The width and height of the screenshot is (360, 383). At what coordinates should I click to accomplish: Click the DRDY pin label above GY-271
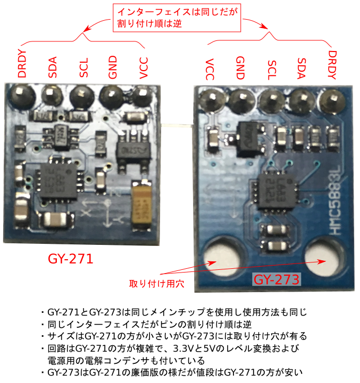[x=22, y=64]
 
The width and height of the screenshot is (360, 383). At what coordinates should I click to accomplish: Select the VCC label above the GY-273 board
[x=210, y=70]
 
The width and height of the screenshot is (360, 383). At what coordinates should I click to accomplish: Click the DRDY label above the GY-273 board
[x=332, y=64]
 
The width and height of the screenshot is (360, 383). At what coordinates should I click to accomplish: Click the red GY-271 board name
[x=71, y=259]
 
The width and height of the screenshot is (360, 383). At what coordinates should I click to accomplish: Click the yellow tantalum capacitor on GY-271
[x=142, y=204]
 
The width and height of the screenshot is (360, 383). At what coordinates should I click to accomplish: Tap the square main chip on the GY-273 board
[x=274, y=190]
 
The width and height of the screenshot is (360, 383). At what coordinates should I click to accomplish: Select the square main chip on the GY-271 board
[x=57, y=181]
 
